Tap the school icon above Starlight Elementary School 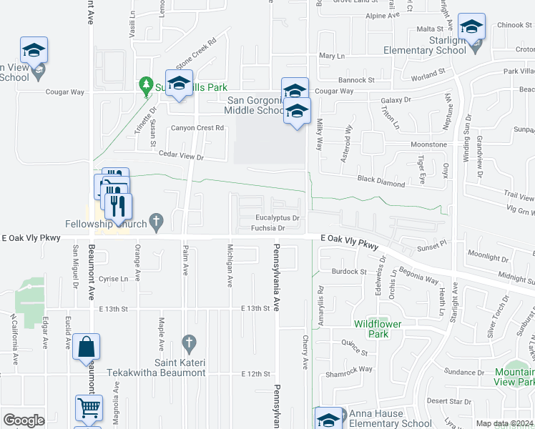[x=472, y=29]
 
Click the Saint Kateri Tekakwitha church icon [x=189, y=342]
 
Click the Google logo [x=24, y=420]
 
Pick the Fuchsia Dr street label [x=268, y=229]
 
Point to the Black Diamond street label [x=381, y=182]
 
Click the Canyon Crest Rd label [x=197, y=128]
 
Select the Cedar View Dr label [x=180, y=157]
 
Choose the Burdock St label [x=349, y=272]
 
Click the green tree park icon [x=147, y=84]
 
